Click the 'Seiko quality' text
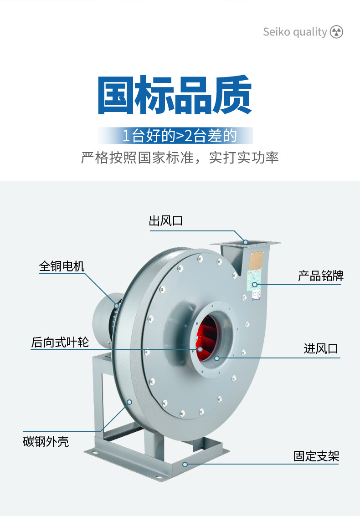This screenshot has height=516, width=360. (295, 32)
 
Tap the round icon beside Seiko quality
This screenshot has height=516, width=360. (336, 32)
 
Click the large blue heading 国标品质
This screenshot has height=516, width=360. (175, 95)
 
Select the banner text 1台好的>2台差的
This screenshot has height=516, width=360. (180, 136)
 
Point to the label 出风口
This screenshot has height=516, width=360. (166, 221)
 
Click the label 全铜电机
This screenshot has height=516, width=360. (62, 266)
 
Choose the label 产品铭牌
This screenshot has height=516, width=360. (321, 276)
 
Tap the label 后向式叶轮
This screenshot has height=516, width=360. (60, 342)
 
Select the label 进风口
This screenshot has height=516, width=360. (321, 348)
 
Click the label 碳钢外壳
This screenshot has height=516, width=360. (46, 441)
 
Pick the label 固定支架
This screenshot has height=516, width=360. (316, 456)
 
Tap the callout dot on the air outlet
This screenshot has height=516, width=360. (246, 242)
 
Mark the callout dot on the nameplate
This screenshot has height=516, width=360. (255, 284)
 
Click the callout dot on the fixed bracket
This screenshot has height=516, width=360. (185, 465)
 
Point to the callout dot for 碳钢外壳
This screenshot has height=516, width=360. (129, 402)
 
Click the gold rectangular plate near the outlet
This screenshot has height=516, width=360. (256, 261)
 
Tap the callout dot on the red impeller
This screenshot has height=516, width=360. (200, 349)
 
